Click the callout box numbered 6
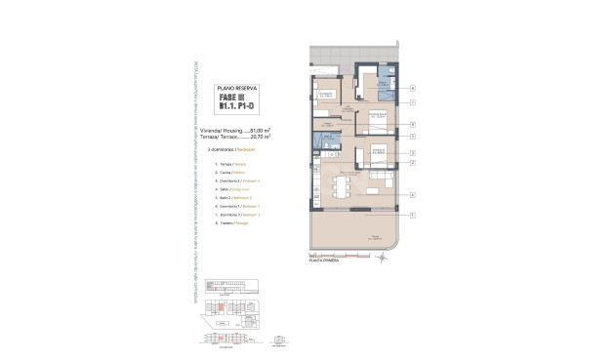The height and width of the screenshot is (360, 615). pyautogui.click(x=413, y=88)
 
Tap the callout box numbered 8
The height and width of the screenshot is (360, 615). pyautogui.click(x=413, y=125)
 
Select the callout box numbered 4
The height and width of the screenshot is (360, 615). pyautogui.click(x=413, y=195)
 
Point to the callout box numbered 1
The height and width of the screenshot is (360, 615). pyautogui.click(x=413, y=214)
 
